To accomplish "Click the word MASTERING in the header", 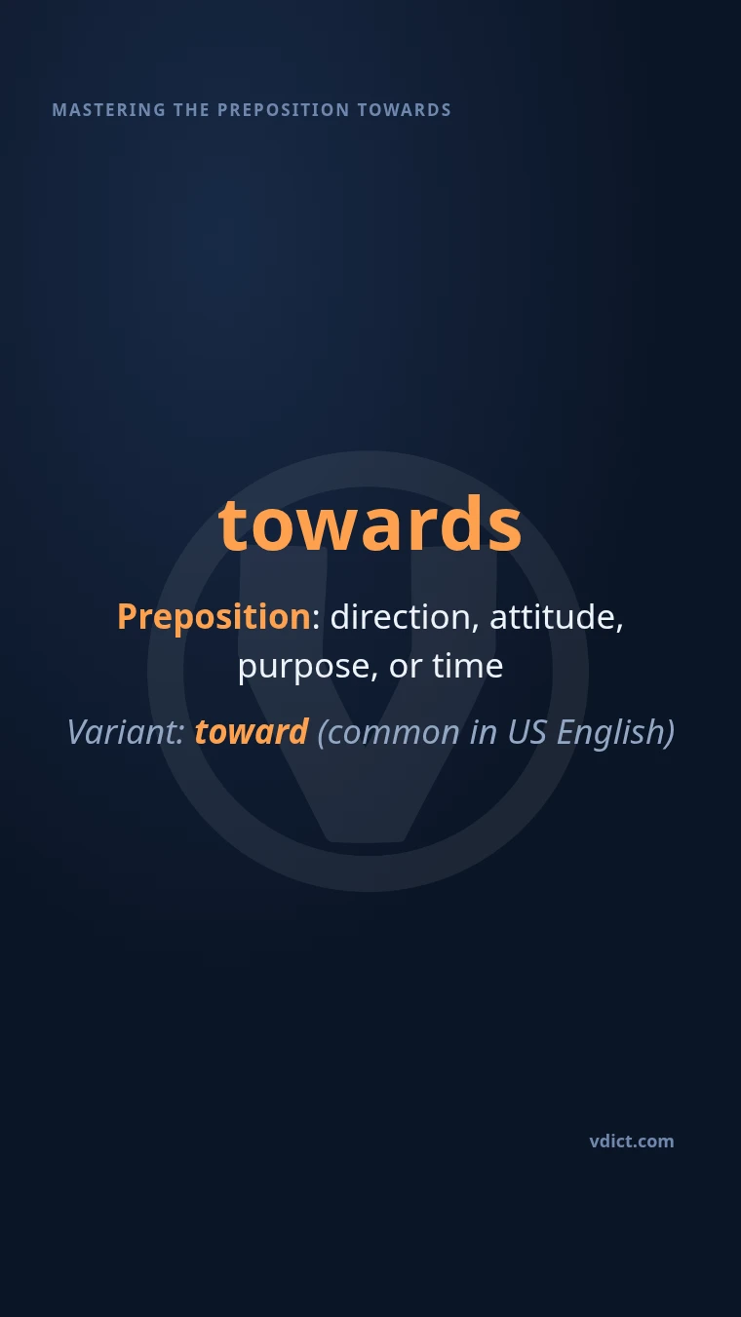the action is click(109, 110).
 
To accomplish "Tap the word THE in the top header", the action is click(191, 110).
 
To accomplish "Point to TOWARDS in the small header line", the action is click(404, 110).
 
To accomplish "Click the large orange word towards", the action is click(370, 523).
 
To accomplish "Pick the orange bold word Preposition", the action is click(214, 617).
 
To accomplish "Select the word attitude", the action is click(557, 617).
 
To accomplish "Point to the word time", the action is click(468, 666).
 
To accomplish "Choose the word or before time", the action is click(406, 668).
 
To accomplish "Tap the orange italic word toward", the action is click(252, 732).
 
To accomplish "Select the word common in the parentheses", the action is click(389, 732).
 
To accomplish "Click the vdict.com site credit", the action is click(632, 1142).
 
